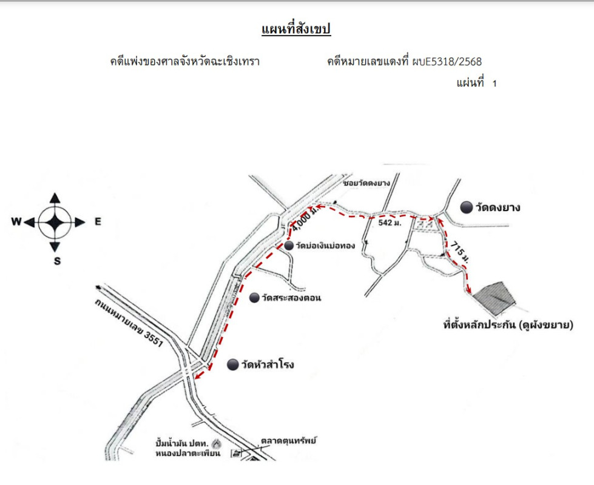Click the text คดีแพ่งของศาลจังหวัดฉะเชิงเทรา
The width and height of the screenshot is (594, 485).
pos(184,61)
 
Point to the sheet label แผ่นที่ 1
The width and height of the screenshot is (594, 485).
pos(476,83)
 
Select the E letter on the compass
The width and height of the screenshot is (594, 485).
pos(97,222)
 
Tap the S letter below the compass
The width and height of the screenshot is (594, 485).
pos(56,261)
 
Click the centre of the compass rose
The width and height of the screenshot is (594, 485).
pos(55,222)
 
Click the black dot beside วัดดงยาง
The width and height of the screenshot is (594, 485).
pos(466,207)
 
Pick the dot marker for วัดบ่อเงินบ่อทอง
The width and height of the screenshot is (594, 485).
pos(289,245)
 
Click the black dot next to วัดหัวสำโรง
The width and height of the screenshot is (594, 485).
pos(232,364)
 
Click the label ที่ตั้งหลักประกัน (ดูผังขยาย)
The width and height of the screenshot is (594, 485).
pos(508,326)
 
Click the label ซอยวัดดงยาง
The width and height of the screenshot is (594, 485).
pos(365,182)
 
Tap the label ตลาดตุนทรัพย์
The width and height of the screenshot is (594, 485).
pos(289,441)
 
